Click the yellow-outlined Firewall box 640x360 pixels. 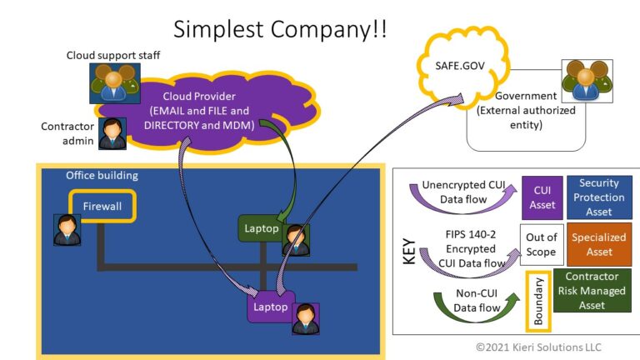[x=102, y=204]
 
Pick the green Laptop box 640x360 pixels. [x=261, y=228]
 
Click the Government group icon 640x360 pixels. [x=587, y=81]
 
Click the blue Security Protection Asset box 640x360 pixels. [x=599, y=197]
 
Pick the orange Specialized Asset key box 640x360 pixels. [x=599, y=244]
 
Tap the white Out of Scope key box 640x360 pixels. [x=541, y=244]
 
